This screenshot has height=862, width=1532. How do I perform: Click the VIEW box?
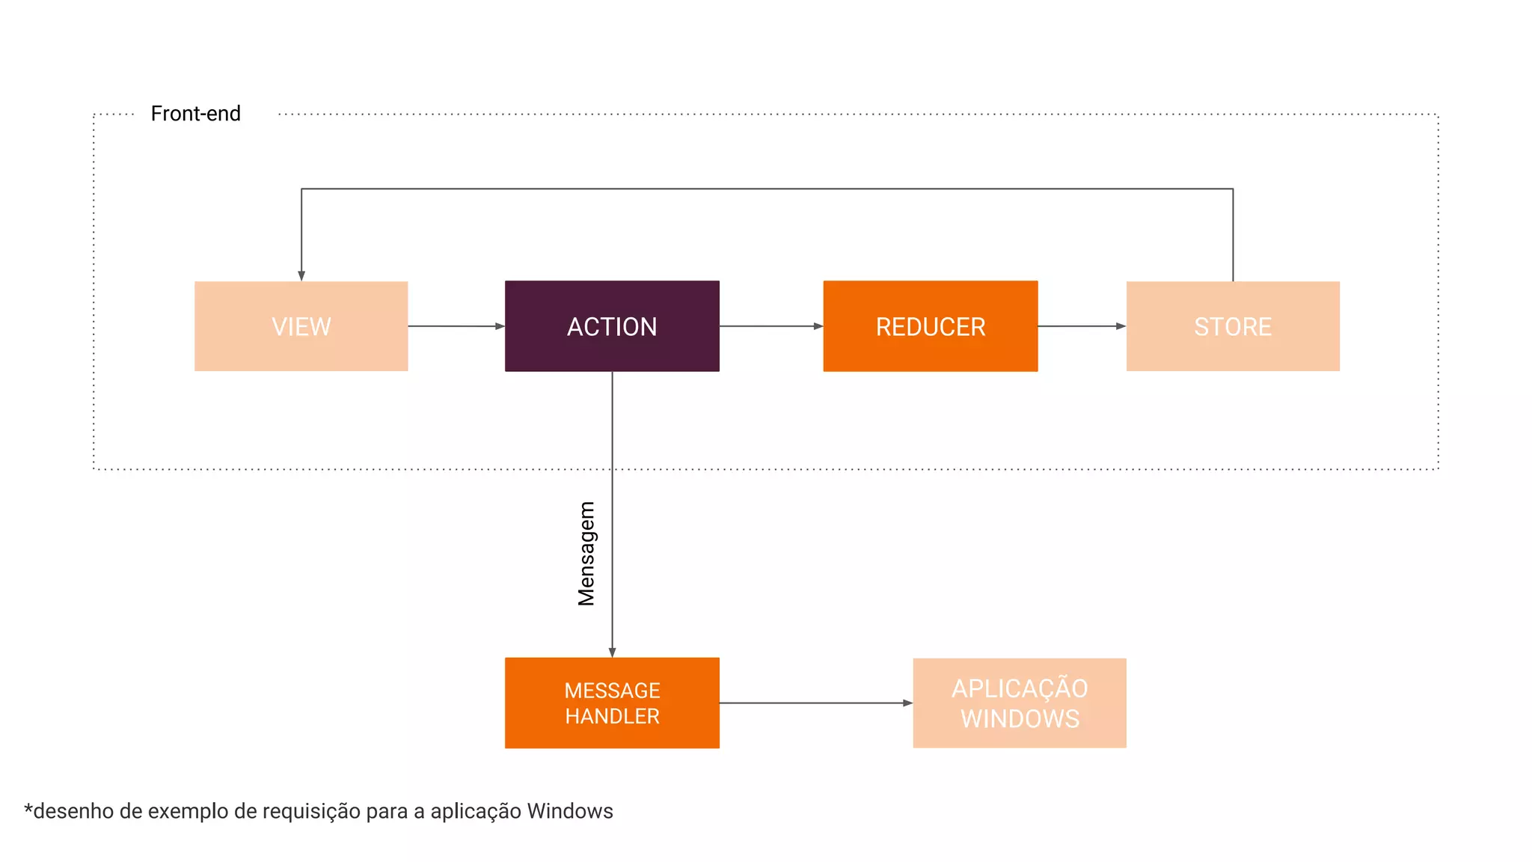[301, 326]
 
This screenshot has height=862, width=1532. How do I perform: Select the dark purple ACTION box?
[612, 326]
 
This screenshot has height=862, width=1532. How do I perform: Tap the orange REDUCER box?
[930, 326]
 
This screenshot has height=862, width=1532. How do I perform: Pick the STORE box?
[1233, 326]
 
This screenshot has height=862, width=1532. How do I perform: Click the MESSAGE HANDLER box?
[612, 703]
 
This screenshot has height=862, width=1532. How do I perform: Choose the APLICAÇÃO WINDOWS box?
[1019, 703]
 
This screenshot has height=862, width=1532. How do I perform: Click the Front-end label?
[195, 114]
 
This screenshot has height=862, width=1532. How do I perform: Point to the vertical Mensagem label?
[586, 553]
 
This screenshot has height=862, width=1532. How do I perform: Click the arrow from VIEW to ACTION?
[456, 326]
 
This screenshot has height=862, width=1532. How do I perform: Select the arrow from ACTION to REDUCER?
[770, 326]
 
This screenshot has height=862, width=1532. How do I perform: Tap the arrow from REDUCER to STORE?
[1081, 326]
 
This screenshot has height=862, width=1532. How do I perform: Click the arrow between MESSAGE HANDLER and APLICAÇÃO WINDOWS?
[815, 703]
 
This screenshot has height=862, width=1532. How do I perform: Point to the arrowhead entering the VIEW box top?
[301, 275]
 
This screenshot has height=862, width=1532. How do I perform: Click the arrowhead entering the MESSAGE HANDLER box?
[612, 652]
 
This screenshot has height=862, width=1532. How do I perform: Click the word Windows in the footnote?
[569, 811]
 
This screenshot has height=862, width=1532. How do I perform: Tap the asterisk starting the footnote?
[28, 809]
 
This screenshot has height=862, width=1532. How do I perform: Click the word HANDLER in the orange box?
[612, 716]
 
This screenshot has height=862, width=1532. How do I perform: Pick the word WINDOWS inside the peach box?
[1020, 719]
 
